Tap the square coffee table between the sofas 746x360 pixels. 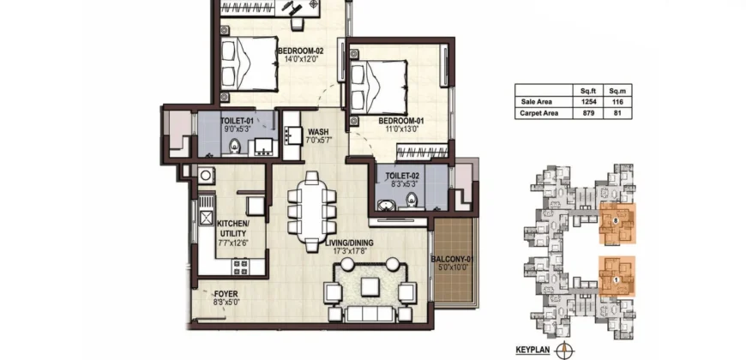point(370,284)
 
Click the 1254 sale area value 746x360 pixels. point(589,101)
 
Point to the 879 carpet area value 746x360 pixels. point(589,111)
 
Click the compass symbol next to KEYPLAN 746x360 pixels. point(563,349)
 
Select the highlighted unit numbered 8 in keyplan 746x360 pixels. point(617,223)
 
